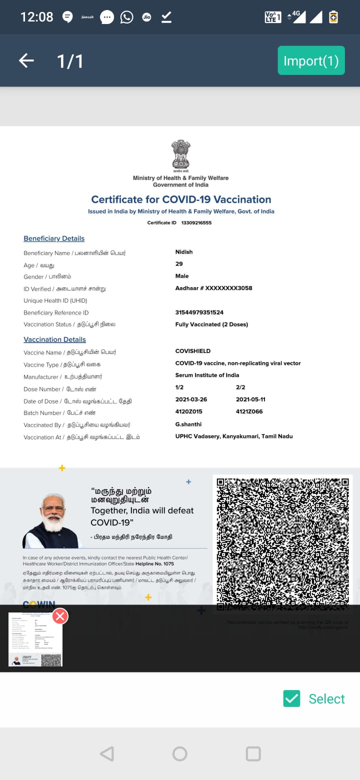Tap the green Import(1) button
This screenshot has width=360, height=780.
(311, 60)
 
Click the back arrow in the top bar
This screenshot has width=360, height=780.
(26, 61)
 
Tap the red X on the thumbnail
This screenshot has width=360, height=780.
(60, 616)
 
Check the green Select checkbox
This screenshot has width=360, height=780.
(291, 698)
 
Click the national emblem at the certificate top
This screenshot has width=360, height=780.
(180, 154)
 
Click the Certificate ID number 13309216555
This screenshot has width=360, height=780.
(196, 222)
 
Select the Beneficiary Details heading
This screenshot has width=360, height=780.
(54, 238)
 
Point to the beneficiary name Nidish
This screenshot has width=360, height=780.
(184, 252)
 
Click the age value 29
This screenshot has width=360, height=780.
(179, 264)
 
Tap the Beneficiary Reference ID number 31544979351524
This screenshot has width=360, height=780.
(199, 312)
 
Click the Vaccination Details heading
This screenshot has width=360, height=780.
(54, 339)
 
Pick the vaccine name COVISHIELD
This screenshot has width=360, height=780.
(193, 351)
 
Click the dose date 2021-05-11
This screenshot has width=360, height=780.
(250, 399)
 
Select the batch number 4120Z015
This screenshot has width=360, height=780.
(189, 411)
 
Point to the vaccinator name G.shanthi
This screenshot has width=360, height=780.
(188, 424)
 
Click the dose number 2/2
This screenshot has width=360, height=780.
(240, 387)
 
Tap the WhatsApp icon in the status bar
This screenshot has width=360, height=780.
(127, 17)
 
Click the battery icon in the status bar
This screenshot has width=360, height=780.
(333, 17)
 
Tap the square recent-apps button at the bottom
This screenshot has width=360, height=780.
(253, 753)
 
